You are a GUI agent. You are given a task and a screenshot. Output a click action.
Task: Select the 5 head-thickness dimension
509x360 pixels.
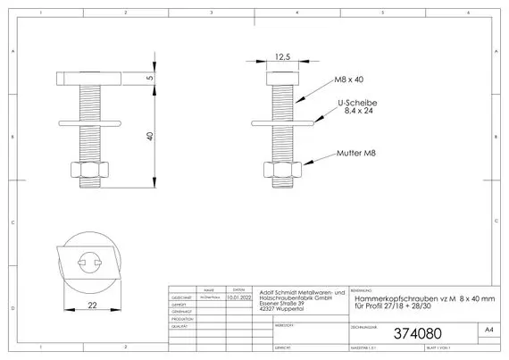click(x=151, y=79)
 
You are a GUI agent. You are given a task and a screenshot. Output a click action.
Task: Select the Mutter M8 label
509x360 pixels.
click(x=355, y=154)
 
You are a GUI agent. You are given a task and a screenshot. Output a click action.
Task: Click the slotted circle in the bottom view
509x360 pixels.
click(x=93, y=262)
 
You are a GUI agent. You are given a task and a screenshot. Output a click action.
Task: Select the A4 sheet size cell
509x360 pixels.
click(x=488, y=331)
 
